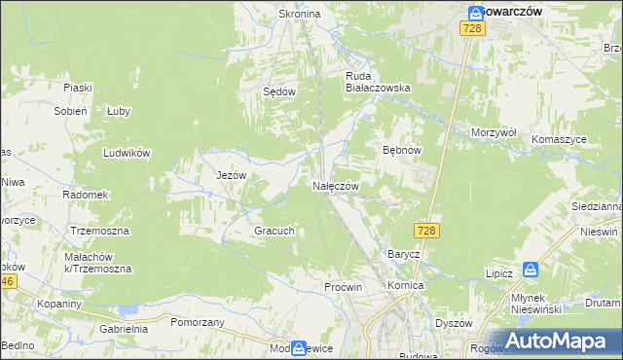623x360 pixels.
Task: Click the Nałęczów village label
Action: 336,186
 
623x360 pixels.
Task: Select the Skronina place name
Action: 300,15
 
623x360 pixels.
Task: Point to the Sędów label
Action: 279,91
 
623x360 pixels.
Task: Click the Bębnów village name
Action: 400,151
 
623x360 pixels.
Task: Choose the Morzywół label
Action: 493,131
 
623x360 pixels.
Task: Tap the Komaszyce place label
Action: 559,139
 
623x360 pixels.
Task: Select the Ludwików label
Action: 127,153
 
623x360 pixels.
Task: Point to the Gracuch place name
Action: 274,232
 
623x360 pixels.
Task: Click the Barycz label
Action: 403,254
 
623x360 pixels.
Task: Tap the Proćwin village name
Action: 343,287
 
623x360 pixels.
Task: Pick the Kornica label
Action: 405,286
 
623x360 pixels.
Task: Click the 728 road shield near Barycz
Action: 426,231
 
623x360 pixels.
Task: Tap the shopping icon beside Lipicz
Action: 531,270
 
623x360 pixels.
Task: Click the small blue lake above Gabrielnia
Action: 128,311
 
